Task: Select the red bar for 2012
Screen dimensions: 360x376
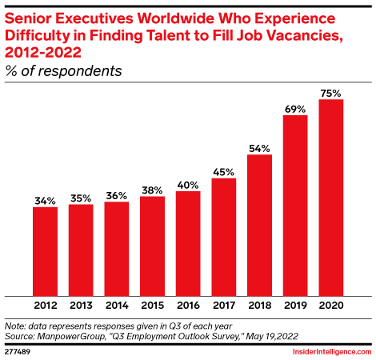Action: tap(45, 250)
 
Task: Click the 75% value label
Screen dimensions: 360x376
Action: tap(330, 92)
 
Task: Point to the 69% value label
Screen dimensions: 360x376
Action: tap(295, 108)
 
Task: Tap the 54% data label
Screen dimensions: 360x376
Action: tap(259, 147)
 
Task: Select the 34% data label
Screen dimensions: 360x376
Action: tap(45, 200)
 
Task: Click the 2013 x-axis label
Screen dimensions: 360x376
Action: tap(81, 305)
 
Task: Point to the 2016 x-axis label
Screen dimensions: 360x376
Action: tap(188, 305)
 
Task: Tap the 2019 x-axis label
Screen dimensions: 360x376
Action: tap(295, 305)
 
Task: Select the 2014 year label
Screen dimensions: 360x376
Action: tap(117, 305)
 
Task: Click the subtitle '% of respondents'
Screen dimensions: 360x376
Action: tap(64, 71)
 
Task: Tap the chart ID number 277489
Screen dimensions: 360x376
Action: tap(19, 351)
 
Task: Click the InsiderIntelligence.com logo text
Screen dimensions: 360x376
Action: tap(327, 351)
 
